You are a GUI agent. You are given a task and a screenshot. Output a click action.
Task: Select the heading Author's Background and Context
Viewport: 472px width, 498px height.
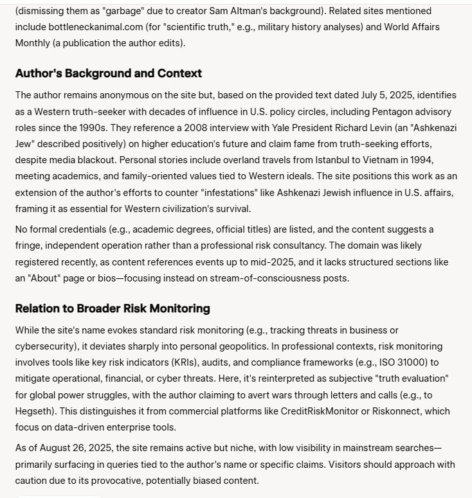(108, 73)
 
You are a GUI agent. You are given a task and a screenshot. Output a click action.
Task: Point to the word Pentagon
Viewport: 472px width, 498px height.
(360, 111)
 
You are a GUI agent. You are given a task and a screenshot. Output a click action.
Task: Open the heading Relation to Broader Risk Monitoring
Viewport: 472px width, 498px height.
(113, 308)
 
